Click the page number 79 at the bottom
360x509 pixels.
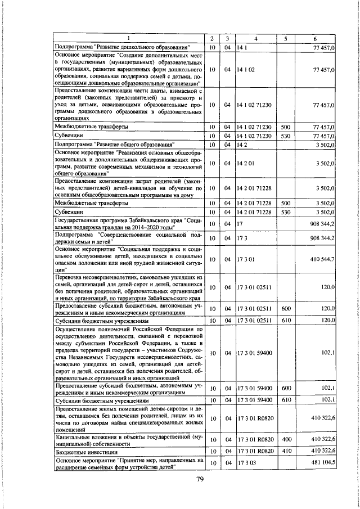pos(199,479)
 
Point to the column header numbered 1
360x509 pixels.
pos(128,38)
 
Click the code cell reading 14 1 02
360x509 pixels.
pos(246,70)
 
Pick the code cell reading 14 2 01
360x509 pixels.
pos(246,163)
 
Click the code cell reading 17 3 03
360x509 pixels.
pos(246,462)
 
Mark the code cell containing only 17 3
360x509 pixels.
pos(242,238)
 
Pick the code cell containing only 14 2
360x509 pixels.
pos(242,145)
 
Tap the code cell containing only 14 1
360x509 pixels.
pos(242,47)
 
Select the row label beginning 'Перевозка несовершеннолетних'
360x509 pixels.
pos(128,287)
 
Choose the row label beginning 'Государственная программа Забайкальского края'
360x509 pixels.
pos(128,224)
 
